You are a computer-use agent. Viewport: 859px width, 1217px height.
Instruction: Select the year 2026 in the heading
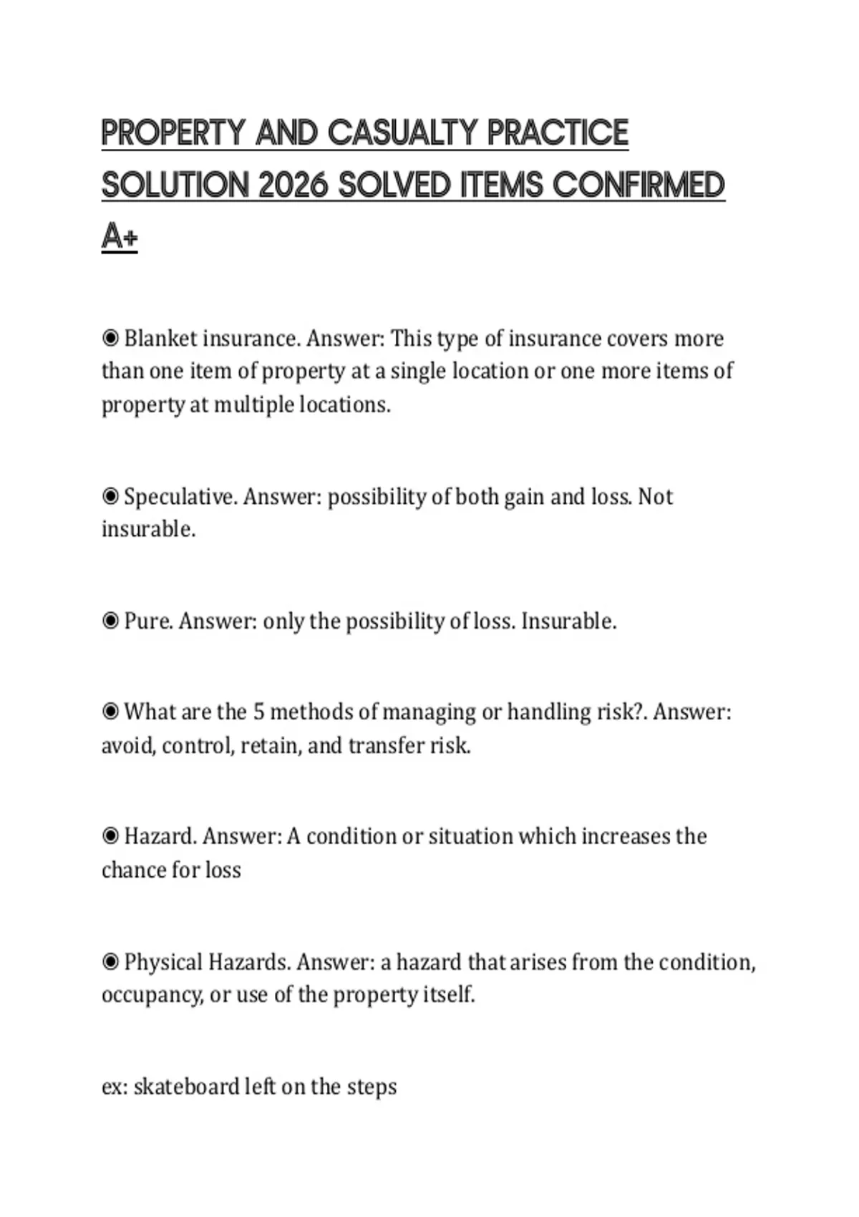coord(293,185)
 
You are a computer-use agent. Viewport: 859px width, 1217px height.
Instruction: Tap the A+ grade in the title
coord(119,236)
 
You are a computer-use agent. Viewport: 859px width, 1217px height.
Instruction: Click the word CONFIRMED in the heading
coord(639,185)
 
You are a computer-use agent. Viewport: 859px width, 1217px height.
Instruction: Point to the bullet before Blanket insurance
coord(110,337)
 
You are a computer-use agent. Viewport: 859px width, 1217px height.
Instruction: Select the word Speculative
coord(180,496)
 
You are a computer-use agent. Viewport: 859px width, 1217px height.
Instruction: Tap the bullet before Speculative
coord(110,496)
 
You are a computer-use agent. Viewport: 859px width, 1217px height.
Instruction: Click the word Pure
coord(148,621)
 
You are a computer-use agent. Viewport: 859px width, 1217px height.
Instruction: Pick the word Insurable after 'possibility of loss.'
coord(568,621)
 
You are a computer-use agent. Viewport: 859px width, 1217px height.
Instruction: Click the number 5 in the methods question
coord(259,712)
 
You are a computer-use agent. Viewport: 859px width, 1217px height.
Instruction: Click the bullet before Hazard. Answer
coord(110,835)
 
